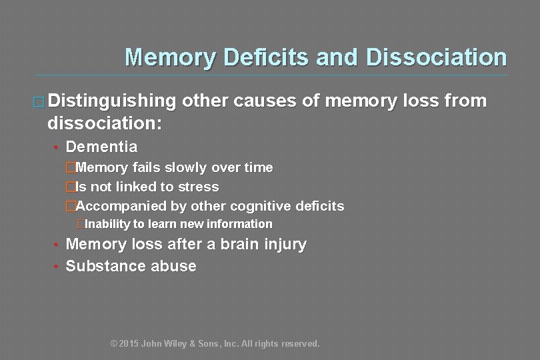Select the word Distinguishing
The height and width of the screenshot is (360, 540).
point(111,101)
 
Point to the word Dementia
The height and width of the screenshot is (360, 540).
point(101,147)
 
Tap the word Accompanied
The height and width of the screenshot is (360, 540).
point(118,207)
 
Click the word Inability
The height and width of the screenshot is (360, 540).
point(107,224)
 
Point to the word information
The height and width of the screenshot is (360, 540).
point(241,224)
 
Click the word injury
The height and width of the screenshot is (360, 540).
point(284,245)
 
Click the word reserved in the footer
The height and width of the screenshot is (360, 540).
point(299,344)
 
